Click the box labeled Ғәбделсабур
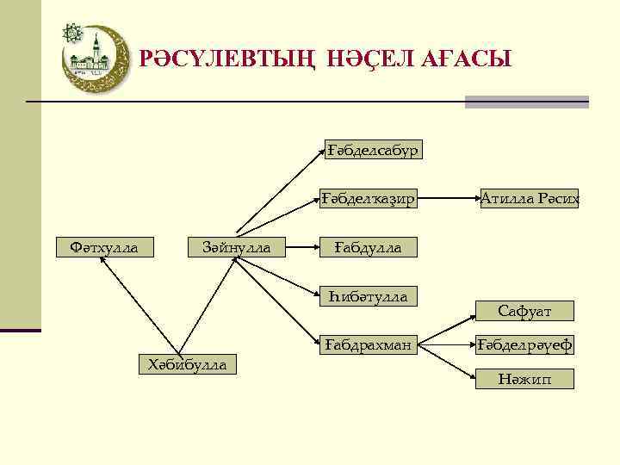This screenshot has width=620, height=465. (x=372, y=150)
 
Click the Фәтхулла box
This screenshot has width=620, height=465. (x=103, y=248)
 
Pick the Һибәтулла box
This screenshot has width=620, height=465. (x=368, y=297)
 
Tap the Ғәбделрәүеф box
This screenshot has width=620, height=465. (x=525, y=346)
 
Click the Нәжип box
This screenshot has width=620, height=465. (x=524, y=378)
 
